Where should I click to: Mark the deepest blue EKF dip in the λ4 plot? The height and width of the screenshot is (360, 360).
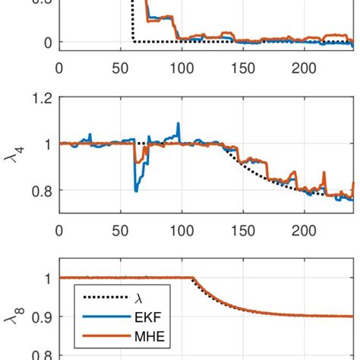click(x=136, y=190)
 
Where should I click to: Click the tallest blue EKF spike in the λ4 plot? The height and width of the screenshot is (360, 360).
click(x=178, y=124)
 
